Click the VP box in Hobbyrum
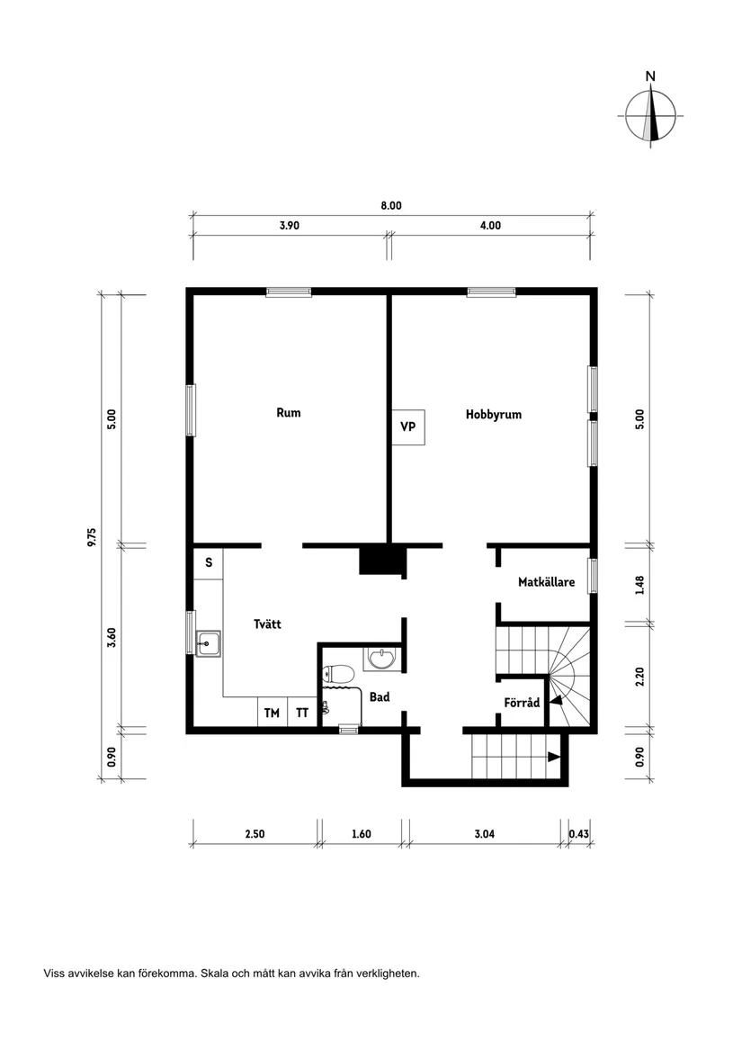pos(407,426)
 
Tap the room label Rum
pos(288,413)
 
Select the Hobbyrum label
pos(493,415)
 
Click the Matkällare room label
pos(546,582)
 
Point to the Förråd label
pos(521,703)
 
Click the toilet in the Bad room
pos(339,674)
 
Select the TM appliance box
pos(272,713)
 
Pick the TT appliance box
pos(302,713)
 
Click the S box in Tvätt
pos(209,562)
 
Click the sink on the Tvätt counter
pos(210,642)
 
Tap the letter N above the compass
pos(650,77)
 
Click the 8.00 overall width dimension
pos(390,205)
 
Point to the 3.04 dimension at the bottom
pos(484,833)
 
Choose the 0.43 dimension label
pos(579,833)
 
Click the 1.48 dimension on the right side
pos(639,585)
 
